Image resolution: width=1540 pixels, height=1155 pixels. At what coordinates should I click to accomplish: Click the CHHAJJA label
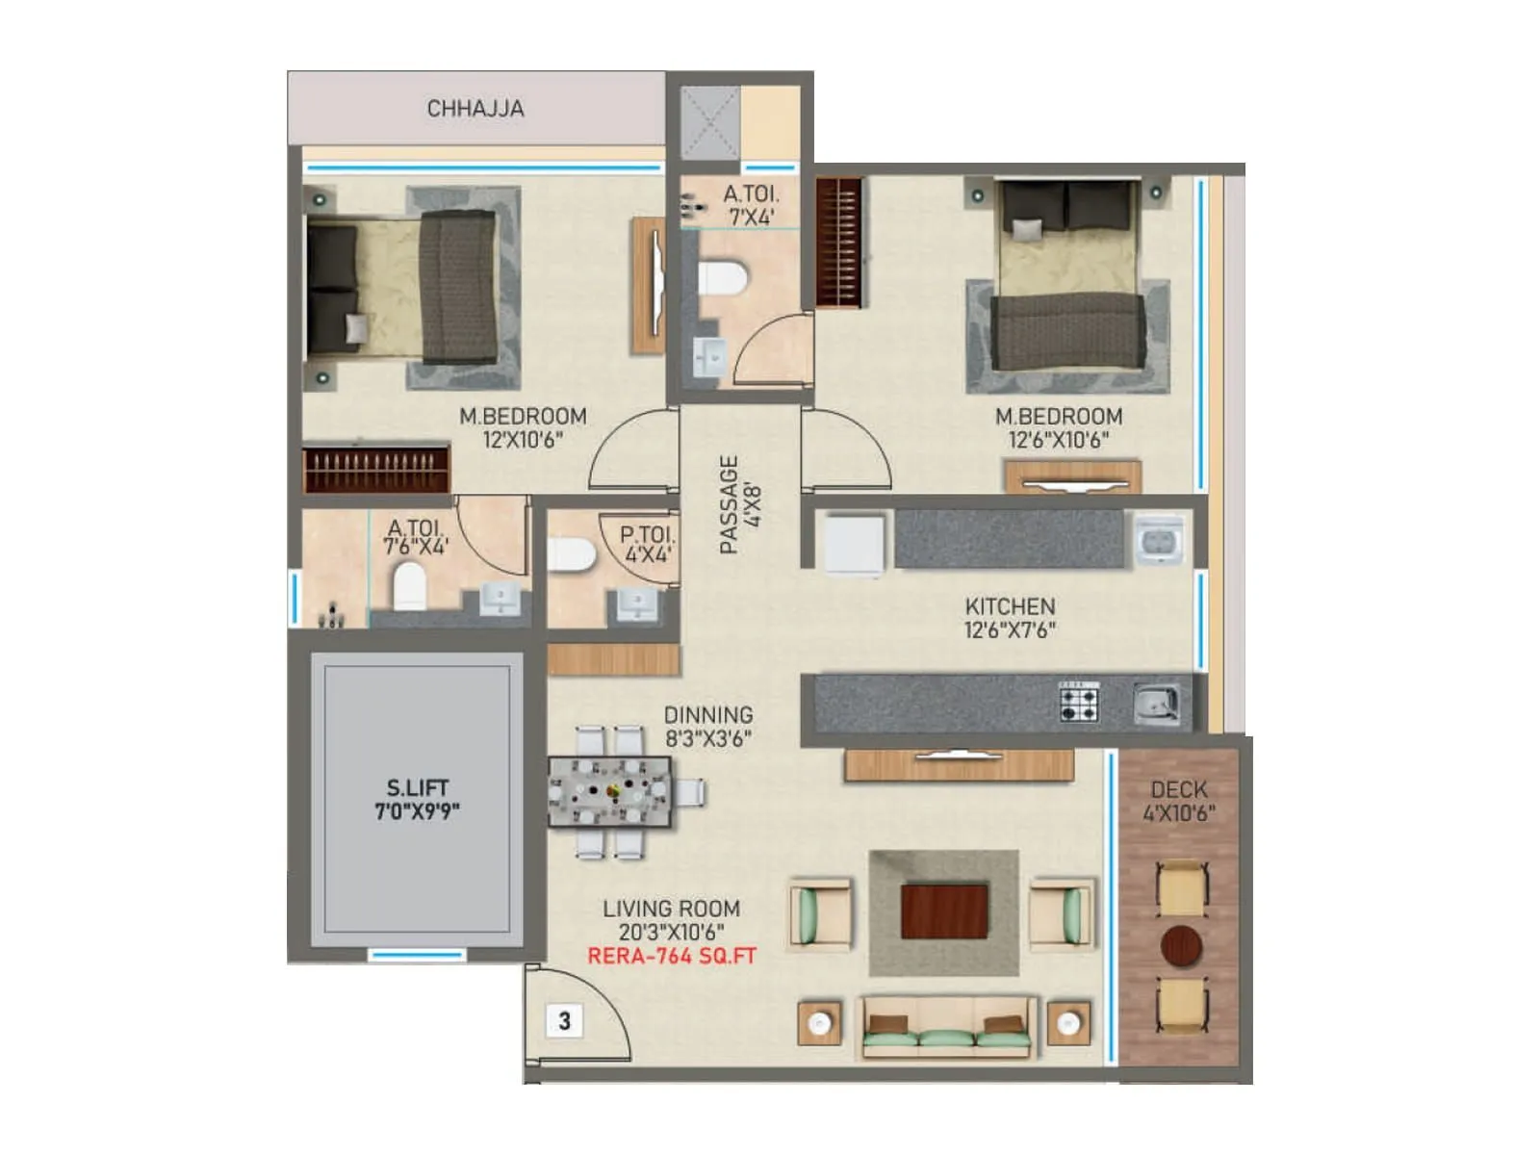click(475, 109)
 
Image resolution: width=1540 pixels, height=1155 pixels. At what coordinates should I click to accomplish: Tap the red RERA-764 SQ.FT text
click(672, 957)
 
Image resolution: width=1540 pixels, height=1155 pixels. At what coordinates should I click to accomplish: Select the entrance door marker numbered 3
click(565, 1020)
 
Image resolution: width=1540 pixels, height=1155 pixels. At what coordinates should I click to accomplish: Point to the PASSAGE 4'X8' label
click(740, 504)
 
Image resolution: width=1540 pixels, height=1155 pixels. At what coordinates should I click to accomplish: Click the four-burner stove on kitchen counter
click(1079, 702)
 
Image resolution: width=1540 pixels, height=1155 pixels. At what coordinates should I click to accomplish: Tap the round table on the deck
click(1181, 946)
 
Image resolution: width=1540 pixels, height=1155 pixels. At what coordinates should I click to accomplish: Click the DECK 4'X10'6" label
click(1179, 801)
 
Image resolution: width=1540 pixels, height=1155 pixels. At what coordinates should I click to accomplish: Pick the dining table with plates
click(610, 792)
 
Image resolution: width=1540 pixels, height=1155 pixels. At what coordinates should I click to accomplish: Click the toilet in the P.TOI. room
click(573, 555)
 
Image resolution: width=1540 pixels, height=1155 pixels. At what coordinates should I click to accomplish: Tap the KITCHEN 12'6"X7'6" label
click(1010, 618)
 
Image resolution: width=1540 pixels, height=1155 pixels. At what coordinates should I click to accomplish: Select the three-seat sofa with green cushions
click(947, 1028)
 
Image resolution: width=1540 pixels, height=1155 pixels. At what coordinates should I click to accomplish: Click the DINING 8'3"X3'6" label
click(708, 727)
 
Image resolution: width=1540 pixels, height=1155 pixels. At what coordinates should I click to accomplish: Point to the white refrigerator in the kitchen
click(854, 545)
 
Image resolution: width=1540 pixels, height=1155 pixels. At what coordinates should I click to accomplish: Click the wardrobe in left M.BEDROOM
click(376, 469)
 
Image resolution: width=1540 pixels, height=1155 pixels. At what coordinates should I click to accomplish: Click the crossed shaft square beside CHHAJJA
click(710, 122)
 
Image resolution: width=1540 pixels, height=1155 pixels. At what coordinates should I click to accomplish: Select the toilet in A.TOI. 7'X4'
click(722, 277)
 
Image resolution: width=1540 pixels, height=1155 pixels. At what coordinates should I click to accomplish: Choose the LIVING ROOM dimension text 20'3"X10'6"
click(671, 932)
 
